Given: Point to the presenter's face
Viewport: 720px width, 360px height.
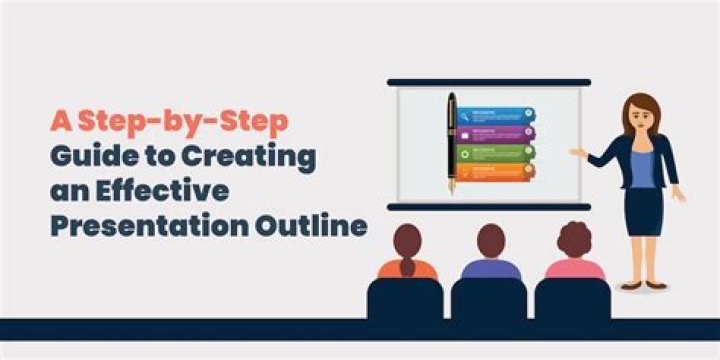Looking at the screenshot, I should (640, 113).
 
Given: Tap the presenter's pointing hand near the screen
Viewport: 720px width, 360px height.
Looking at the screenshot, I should (577, 153).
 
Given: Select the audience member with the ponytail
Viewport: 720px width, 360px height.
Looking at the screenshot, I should (406, 255).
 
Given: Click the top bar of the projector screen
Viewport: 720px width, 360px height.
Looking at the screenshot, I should (488, 82).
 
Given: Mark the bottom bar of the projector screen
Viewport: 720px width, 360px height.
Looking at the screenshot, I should (488, 207).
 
